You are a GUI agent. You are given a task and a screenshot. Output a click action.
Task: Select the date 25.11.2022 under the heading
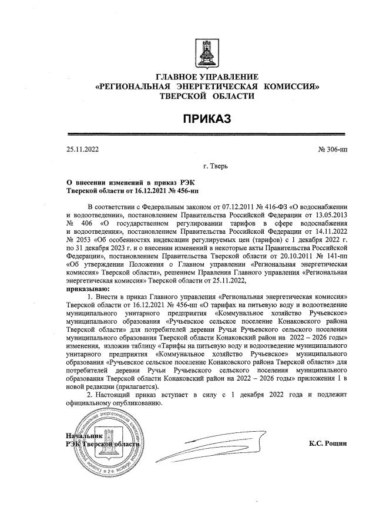coord(83,149)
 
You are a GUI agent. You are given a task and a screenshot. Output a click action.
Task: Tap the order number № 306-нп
coord(333,149)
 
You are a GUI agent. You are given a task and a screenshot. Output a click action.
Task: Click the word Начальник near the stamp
coord(85,436)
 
